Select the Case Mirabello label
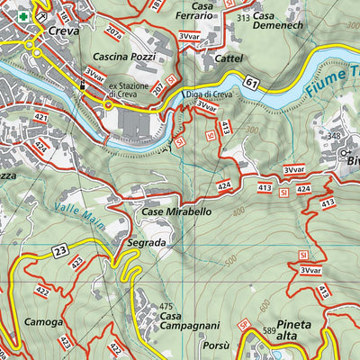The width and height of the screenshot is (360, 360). coord(176,212)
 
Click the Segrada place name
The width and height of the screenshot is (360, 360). coord(146,244)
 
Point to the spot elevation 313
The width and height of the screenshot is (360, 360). coord(242,17)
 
